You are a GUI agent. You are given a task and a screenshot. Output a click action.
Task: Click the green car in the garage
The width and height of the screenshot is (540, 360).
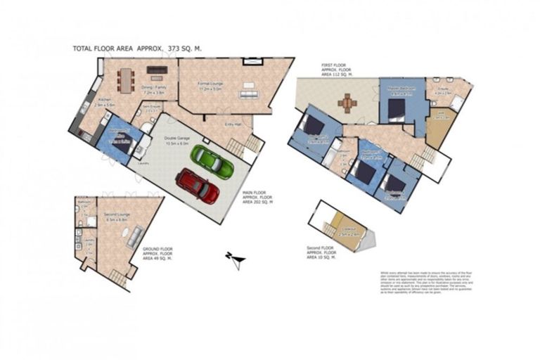212,162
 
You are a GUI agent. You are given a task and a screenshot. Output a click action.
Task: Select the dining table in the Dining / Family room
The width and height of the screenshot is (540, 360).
127,79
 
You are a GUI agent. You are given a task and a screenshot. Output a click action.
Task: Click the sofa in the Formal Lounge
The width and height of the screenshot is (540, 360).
248,94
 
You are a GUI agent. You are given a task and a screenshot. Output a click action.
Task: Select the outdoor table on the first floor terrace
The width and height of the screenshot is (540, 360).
347,103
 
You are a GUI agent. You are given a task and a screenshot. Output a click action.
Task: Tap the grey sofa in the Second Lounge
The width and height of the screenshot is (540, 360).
132,237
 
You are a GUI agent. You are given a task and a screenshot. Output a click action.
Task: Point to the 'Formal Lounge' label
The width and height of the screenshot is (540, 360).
210,84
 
